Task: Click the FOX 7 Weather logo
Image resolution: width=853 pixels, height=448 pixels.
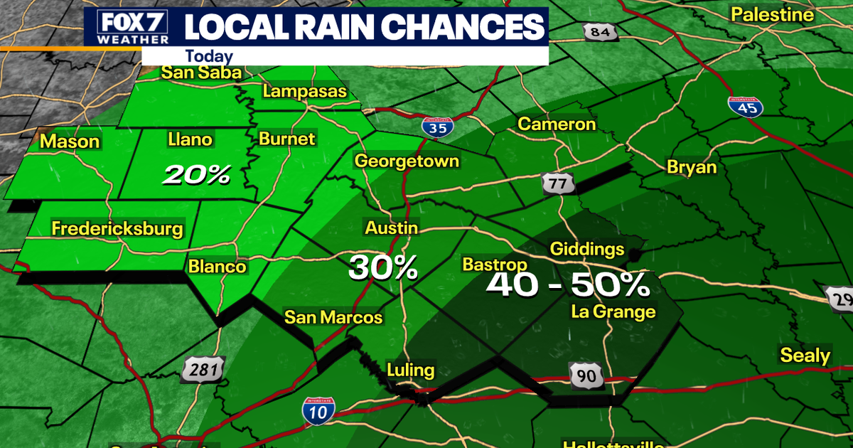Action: tap(127, 26)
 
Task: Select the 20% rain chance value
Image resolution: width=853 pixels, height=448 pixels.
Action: tap(195, 175)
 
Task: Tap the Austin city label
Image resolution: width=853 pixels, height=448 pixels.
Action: tap(390, 228)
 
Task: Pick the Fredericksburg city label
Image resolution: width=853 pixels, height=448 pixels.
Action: tap(117, 229)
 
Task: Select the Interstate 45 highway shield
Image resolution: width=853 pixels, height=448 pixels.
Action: tap(746, 107)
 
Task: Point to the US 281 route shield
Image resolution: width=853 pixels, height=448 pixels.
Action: tap(203, 370)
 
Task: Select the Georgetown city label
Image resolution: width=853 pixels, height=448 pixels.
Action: tap(407, 161)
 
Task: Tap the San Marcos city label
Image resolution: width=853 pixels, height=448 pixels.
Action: tap(333, 317)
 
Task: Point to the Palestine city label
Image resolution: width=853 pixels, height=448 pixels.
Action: tap(772, 14)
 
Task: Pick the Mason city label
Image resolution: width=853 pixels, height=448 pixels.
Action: tap(70, 142)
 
